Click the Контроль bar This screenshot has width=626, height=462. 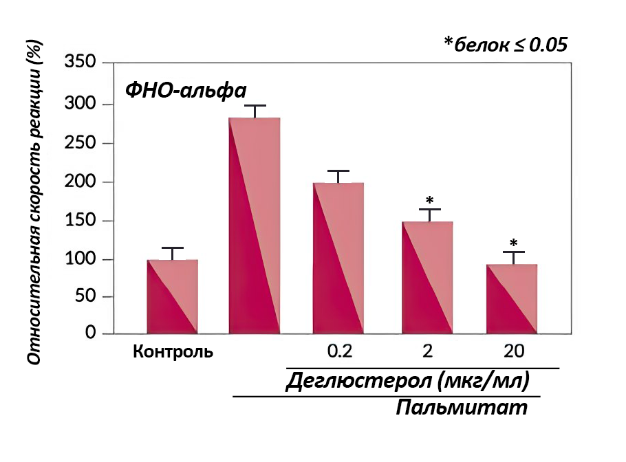click(173, 297)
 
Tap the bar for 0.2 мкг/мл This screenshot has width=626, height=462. click(338, 258)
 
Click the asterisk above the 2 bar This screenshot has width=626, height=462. click(430, 201)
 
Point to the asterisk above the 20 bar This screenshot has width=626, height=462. click(513, 243)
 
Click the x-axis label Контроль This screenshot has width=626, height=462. click(173, 352)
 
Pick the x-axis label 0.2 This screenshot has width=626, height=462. click(339, 352)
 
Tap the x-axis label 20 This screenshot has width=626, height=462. click(513, 352)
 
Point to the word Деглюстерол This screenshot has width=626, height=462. click(348, 379)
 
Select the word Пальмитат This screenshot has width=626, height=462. click(462, 407)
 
